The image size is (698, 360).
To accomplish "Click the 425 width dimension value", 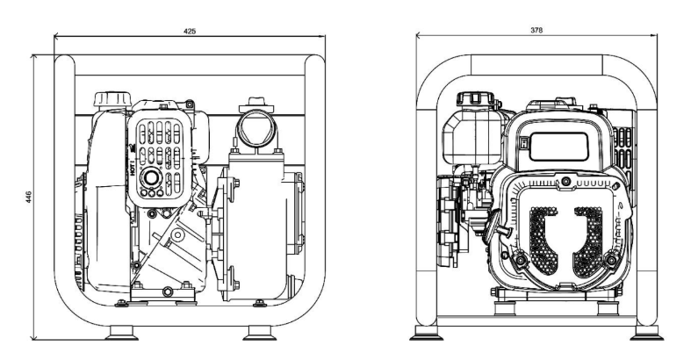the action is (189, 31).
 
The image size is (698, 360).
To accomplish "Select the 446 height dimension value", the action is (28, 198).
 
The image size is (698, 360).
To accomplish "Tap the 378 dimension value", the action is (536, 30).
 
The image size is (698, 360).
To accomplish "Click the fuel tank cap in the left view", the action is (112, 99).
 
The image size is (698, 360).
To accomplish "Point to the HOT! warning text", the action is (133, 167).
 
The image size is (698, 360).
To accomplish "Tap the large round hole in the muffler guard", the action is (151, 178).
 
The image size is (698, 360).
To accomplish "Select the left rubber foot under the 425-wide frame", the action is (121, 333).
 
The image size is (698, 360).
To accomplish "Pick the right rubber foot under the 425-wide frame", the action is (260, 333).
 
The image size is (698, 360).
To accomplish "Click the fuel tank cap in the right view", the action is (475, 99).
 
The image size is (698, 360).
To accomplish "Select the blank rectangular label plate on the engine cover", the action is (558, 147).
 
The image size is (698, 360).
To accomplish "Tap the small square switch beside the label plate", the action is (523, 143).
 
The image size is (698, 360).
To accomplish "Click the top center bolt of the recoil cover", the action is (565, 181).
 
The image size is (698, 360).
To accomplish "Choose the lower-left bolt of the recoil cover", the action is (520, 260).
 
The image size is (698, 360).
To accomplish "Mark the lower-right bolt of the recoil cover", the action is (611, 260).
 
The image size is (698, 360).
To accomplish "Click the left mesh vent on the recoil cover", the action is (543, 241).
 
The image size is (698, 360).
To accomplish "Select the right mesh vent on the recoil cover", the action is (588, 241).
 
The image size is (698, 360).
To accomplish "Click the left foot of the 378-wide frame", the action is (426, 334).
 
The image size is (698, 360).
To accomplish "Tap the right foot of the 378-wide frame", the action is (647, 334).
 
